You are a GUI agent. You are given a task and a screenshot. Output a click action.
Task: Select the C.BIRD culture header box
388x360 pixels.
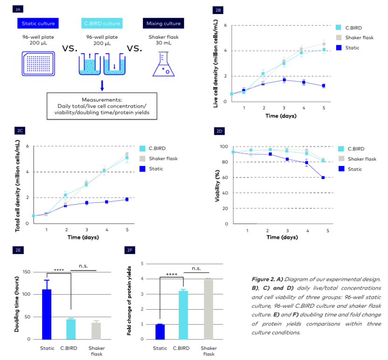click(101, 23)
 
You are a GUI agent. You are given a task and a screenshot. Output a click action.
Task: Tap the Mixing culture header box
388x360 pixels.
click(163, 23)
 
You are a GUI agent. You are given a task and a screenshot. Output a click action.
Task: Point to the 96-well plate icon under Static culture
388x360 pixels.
click(38, 64)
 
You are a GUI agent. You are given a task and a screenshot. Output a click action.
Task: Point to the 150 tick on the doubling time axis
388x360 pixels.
click(29, 272)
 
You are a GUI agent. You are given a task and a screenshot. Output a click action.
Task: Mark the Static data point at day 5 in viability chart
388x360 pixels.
click(323, 178)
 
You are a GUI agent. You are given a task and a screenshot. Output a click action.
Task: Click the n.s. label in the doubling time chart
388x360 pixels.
click(84, 266)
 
